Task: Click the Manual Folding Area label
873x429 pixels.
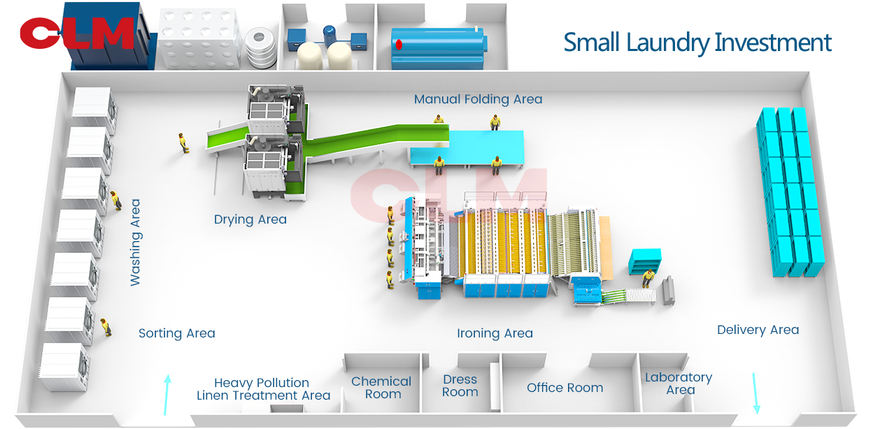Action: (x=478, y=99)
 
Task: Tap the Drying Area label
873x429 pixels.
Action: (x=250, y=219)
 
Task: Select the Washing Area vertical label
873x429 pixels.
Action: (x=135, y=242)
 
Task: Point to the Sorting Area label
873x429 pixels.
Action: (x=176, y=333)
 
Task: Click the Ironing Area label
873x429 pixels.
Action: (x=495, y=333)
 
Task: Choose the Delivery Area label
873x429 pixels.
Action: (x=758, y=330)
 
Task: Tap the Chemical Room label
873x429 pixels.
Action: (x=381, y=388)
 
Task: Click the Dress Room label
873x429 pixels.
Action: (x=460, y=386)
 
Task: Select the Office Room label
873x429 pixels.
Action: (x=565, y=388)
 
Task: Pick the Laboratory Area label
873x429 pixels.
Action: (x=679, y=384)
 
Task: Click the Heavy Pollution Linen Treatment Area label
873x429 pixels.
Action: (x=263, y=389)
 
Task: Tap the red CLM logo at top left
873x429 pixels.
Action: (x=76, y=34)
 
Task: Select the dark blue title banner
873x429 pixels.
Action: (x=697, y=44)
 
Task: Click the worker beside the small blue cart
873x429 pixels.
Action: (x=648, y=278)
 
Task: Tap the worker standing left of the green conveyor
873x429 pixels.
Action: (x=184, y=143)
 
